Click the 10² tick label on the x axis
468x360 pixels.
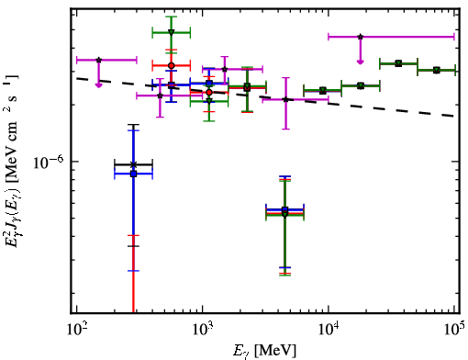[x=76, y=329]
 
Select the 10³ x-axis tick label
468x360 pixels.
[x=203, y=329]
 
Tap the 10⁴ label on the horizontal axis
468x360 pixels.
[x=329, y=329]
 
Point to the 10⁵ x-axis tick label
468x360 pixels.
[x=454, y=329]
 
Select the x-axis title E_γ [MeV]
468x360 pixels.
[x=264, y=351]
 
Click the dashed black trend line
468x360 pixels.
[x=265, y=97]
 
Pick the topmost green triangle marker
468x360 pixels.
[x=172, y=32]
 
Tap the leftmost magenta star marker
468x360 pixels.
[x=98, y=60]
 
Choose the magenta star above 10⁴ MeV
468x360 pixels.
[x=361, y=37]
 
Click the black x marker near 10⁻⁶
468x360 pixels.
[x=133, y=164]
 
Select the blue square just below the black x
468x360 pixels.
[x=133, y=174]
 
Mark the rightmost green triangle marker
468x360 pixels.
[x=437, y=71]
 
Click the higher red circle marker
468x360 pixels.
[x=172, y=65]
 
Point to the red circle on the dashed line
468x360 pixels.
[x=209, y=92]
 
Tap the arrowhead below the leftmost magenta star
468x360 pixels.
[x=98, y=85]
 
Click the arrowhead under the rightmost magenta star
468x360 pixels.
[x=361, y=62]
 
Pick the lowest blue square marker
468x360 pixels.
[x=284, y=209]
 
